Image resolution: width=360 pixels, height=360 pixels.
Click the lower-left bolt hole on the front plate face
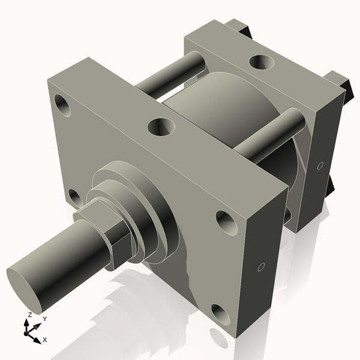point(74,196)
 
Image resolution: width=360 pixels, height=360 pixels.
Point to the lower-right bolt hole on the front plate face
point(220,313)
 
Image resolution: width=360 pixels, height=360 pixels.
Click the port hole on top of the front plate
point(161,127)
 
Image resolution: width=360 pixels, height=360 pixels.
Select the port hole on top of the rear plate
point(260,61)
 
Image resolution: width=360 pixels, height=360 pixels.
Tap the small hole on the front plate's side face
point(261,266)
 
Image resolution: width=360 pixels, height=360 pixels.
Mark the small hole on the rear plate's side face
point(320,165)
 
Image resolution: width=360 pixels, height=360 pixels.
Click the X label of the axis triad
point(45,340)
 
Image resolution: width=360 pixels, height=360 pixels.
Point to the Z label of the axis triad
point(30,314)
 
